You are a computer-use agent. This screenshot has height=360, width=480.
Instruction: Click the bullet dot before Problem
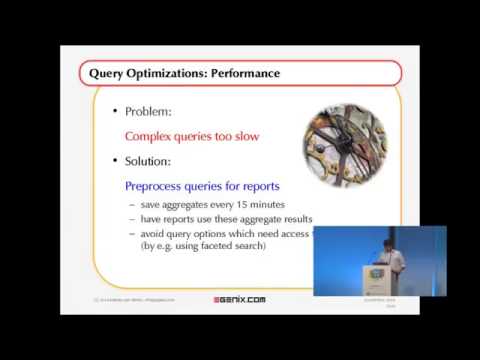tap(115, 112)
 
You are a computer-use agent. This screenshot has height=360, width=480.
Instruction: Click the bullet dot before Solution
tap(115, 160)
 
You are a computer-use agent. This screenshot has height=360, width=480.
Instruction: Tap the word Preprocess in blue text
tap(159, 185)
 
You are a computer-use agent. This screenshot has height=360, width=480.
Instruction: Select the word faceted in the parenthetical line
tap(208, 247)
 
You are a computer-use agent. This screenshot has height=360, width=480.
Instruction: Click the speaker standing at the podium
tap(393, 257)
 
